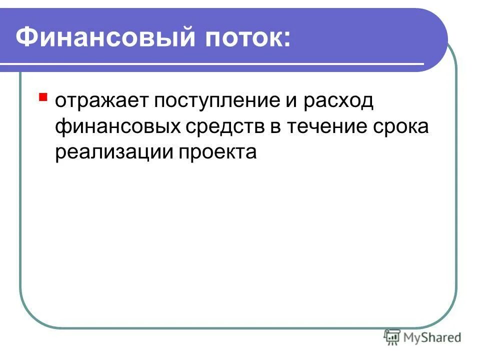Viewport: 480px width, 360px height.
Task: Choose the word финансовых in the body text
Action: point(117,127)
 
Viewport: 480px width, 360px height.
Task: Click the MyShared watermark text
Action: point(433,337)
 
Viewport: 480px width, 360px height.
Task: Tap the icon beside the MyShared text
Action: point(392,336)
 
